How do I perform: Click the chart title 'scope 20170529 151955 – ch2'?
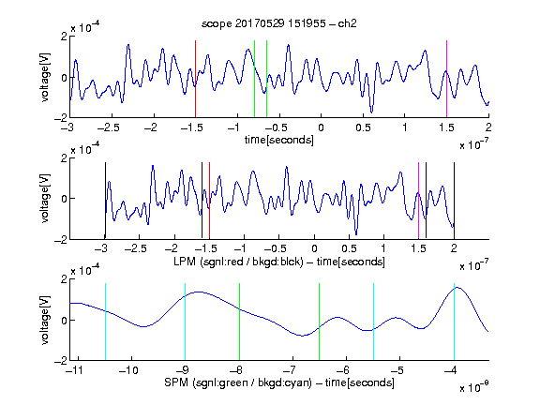coord(279,23)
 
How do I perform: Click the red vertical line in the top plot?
coord(195,79)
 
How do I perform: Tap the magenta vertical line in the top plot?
coord(446,79)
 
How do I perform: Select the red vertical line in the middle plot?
coord(209,201)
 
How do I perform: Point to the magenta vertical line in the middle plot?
coord(418,201)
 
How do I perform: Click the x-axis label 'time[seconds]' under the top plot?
coord(279,140)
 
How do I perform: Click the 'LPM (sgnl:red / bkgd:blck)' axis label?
coord(238,262)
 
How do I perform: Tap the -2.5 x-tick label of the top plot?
coord(109,127)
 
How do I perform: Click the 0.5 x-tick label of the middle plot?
coord(349,248)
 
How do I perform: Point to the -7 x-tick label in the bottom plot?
coord(292,370)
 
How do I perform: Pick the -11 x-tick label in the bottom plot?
coord(74,370)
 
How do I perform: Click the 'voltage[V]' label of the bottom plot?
coord(45,320)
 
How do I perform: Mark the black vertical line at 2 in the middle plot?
coord(454,201)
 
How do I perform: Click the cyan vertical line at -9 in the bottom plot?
coord(185,322)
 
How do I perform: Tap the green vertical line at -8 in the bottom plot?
coord(239,322)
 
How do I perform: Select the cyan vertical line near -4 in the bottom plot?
coord(454,322)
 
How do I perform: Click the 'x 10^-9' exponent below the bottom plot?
coord(473,387)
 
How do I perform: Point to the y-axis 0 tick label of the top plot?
coord(65,78)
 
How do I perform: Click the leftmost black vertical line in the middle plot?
coord(105,201)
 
